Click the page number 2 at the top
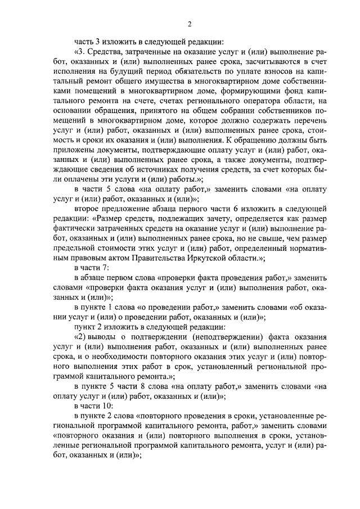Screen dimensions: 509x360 [x=190, y=23]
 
